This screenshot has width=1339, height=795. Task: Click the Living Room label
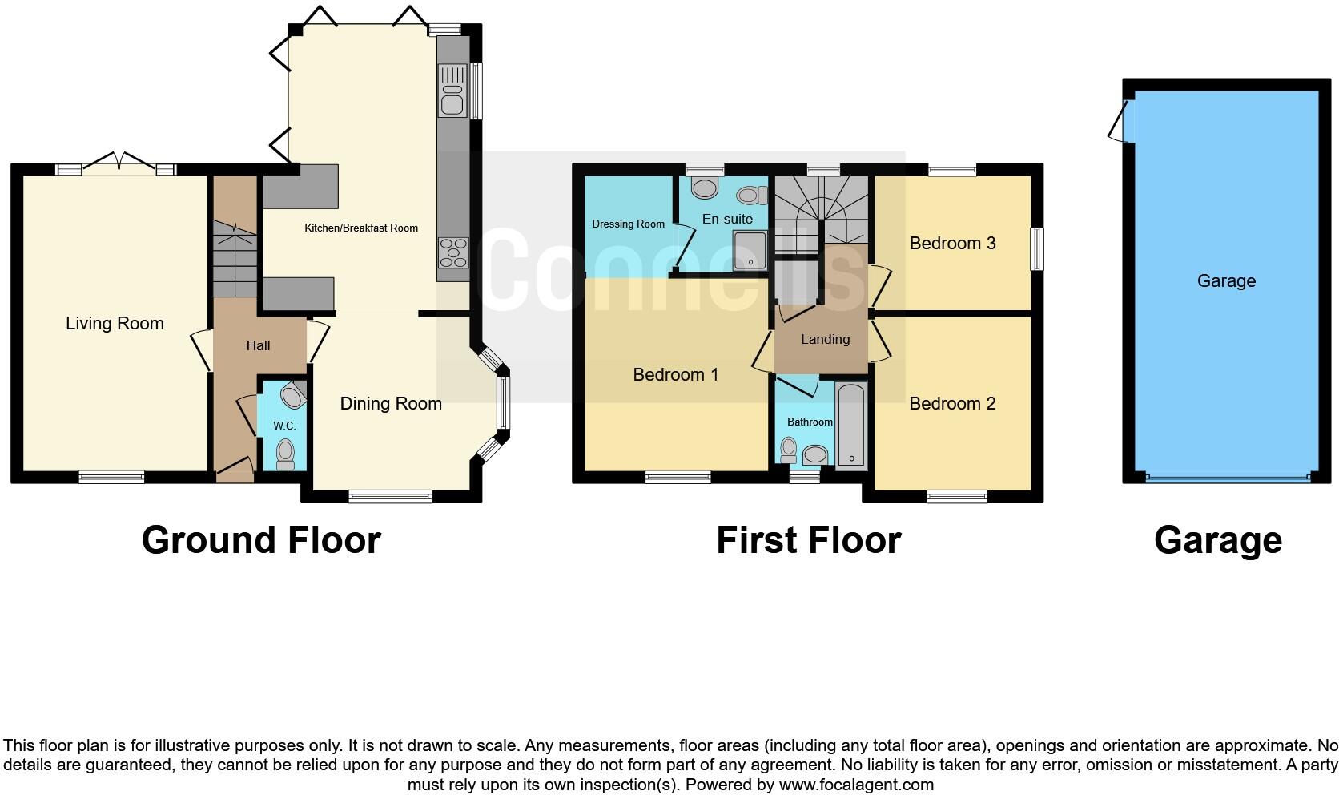(x=115, y=324)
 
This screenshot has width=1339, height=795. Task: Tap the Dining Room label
(x=391, y=404)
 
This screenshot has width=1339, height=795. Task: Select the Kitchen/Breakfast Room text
(x=361, y=228)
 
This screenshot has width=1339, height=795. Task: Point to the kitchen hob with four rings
(x=453, y=252)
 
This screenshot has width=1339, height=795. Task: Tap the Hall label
(x=258, y=346)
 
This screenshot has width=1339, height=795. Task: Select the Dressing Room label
(x=628, y=224)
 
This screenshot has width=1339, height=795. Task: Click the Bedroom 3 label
(x=952, y=244)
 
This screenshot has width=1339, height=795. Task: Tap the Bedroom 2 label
(x=952, y=404)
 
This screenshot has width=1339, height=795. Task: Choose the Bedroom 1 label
(x=675, y=375)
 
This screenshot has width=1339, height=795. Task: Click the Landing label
(x=825, y=340)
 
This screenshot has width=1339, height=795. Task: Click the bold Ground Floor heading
(x=261, y=540)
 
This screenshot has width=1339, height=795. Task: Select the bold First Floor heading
(x=808, y=540)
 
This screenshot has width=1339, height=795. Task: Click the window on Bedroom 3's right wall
(x=1036, y=249)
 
